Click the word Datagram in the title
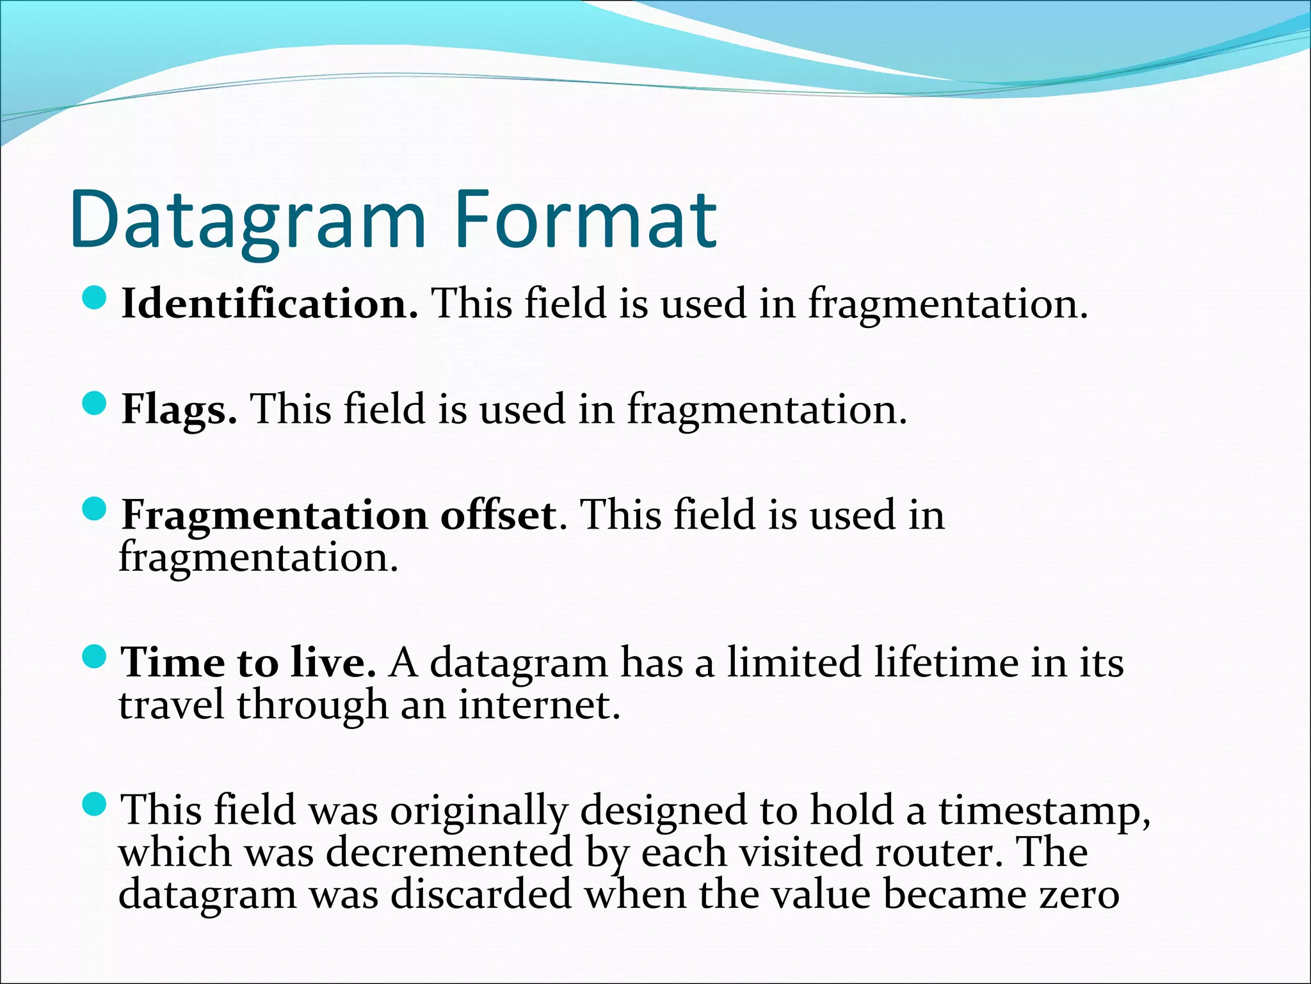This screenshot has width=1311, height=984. [248, 220]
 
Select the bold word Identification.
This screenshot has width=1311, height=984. [269, 303]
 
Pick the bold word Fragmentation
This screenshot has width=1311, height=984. [275, 515]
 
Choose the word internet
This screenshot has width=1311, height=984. [539, 705]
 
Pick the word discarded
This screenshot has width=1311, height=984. [481, 895]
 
